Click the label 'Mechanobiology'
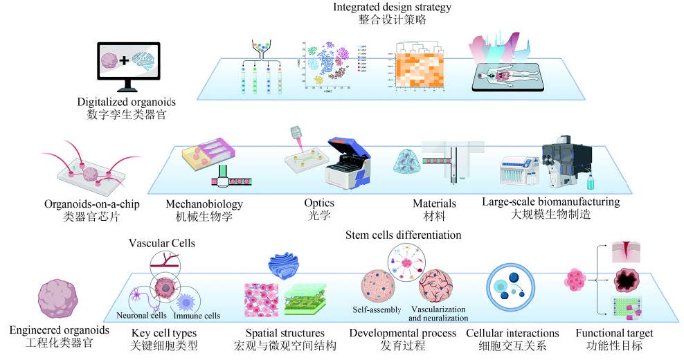(204, 204)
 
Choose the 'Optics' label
(318, 204)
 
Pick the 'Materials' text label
(435, 204)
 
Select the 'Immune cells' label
(197, 316)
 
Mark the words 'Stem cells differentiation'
(403, 235)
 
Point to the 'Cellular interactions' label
(512, 333)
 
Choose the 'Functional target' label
(614, 333)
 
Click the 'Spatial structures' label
(285, 333)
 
